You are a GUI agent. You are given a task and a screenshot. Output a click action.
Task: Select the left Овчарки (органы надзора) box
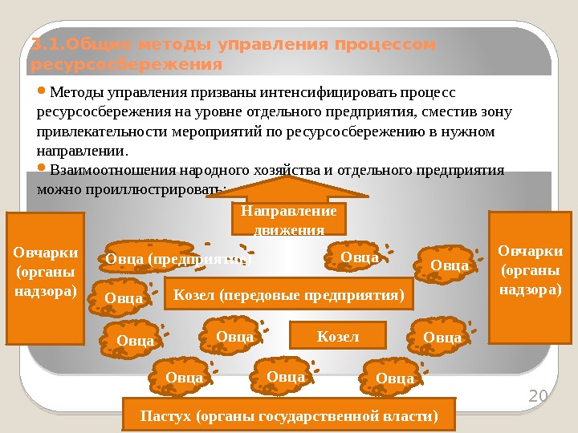pos(46,276)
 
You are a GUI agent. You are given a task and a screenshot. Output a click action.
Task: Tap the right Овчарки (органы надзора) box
pos(530,276)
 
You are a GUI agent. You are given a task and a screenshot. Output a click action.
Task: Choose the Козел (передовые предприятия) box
pos(287,294)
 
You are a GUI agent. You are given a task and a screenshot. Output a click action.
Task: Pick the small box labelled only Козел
pos(337,336)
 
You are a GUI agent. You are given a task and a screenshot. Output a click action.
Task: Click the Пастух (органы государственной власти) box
pos(289,415)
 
